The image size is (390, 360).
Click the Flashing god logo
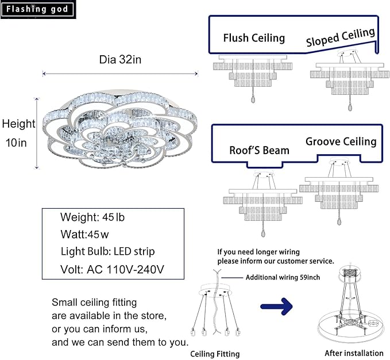point(38,9)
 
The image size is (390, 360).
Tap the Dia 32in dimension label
point(120,60)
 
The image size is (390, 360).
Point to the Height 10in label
point(18,133)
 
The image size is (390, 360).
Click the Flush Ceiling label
point(254,38)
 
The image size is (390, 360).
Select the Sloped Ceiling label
point(341,37)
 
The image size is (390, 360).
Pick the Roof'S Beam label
point(259,150)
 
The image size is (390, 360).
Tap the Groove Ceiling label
point(341,141)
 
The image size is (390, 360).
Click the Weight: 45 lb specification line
point(92,217)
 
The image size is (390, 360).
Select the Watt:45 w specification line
point(84,234)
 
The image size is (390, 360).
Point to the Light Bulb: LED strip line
point(108,252)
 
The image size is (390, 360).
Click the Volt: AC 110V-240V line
point(112,269)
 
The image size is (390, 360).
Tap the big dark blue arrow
point(277,307)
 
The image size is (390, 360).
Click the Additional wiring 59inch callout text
point(283,277)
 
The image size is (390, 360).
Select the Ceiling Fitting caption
point(215,354)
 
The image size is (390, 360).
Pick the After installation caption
point(354,353)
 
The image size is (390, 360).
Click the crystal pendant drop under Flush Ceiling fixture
point(253,99)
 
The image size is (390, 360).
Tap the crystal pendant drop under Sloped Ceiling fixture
point(350,108)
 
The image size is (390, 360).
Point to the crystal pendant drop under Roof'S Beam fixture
point(263,233)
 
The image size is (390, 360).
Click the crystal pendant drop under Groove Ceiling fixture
point(339,221)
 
